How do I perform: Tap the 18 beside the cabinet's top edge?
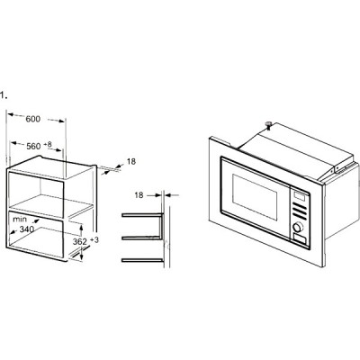tap(130, 161)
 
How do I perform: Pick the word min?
tap(19, 219)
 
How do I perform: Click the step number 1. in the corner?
tap(4, 93)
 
